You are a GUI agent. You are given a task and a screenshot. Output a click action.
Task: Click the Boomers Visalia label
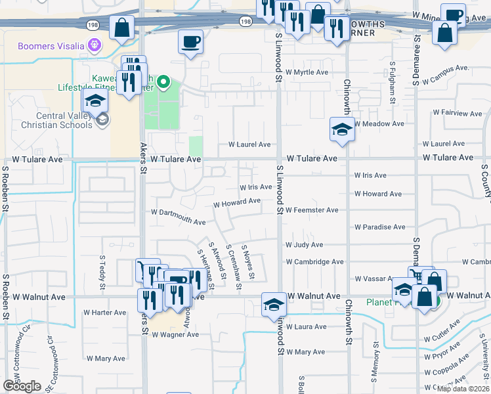coord(51,46)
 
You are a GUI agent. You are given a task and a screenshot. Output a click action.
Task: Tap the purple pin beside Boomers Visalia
coord(95,46)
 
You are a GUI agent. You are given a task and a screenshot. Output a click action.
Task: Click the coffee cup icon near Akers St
coord(190,42)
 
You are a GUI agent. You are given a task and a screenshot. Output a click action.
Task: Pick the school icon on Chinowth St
coord(341,129)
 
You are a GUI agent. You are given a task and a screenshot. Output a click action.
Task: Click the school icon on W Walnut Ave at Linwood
coord(274,304)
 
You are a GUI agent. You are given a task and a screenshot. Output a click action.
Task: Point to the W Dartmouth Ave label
coord(179,217)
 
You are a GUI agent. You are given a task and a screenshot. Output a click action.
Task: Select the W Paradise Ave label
coord(380,227)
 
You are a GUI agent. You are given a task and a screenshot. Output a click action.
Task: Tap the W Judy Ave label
coord(304,245)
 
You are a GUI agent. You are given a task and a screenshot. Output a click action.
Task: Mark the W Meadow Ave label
coord(379,123)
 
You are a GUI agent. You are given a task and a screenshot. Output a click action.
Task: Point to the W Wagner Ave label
coord(175,334)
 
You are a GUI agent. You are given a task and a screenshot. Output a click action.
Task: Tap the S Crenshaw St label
coord(234,261)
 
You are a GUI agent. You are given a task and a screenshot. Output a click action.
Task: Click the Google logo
coord(22,386)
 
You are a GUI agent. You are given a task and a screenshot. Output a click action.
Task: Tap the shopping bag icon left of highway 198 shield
coord(122,28)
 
